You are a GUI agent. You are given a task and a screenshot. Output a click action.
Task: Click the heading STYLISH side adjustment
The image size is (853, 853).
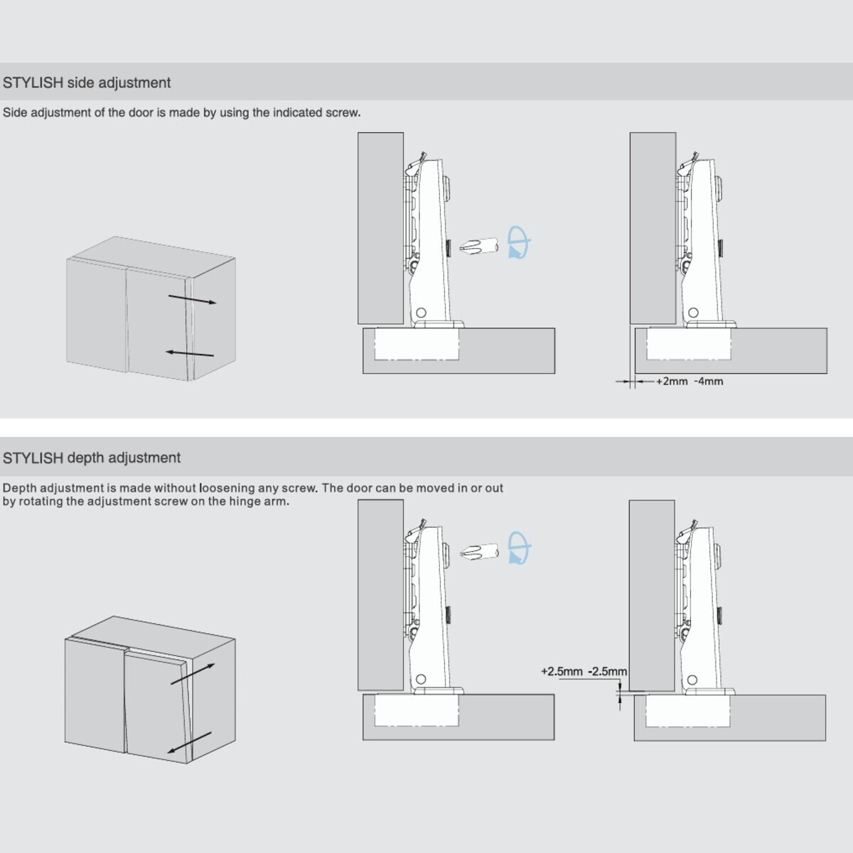pos(86,82)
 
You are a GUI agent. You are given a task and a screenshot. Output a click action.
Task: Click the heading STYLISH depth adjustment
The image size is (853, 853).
pos(92,458)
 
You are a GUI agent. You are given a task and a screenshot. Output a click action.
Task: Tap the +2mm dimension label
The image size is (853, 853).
pos(672,381)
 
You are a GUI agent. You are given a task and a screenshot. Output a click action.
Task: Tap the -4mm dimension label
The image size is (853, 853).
pos(709,381)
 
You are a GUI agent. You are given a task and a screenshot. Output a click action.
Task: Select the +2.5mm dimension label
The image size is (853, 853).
pos(562,672)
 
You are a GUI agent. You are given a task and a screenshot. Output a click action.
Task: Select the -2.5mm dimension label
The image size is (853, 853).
pos(607,672)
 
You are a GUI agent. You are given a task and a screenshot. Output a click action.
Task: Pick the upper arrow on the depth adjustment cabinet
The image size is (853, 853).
pos(193,674)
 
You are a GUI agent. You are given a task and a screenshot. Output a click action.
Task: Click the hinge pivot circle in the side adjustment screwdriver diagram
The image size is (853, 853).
pos(422,313)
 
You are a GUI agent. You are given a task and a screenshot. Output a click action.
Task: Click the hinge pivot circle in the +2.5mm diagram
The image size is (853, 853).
pos(693,680)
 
